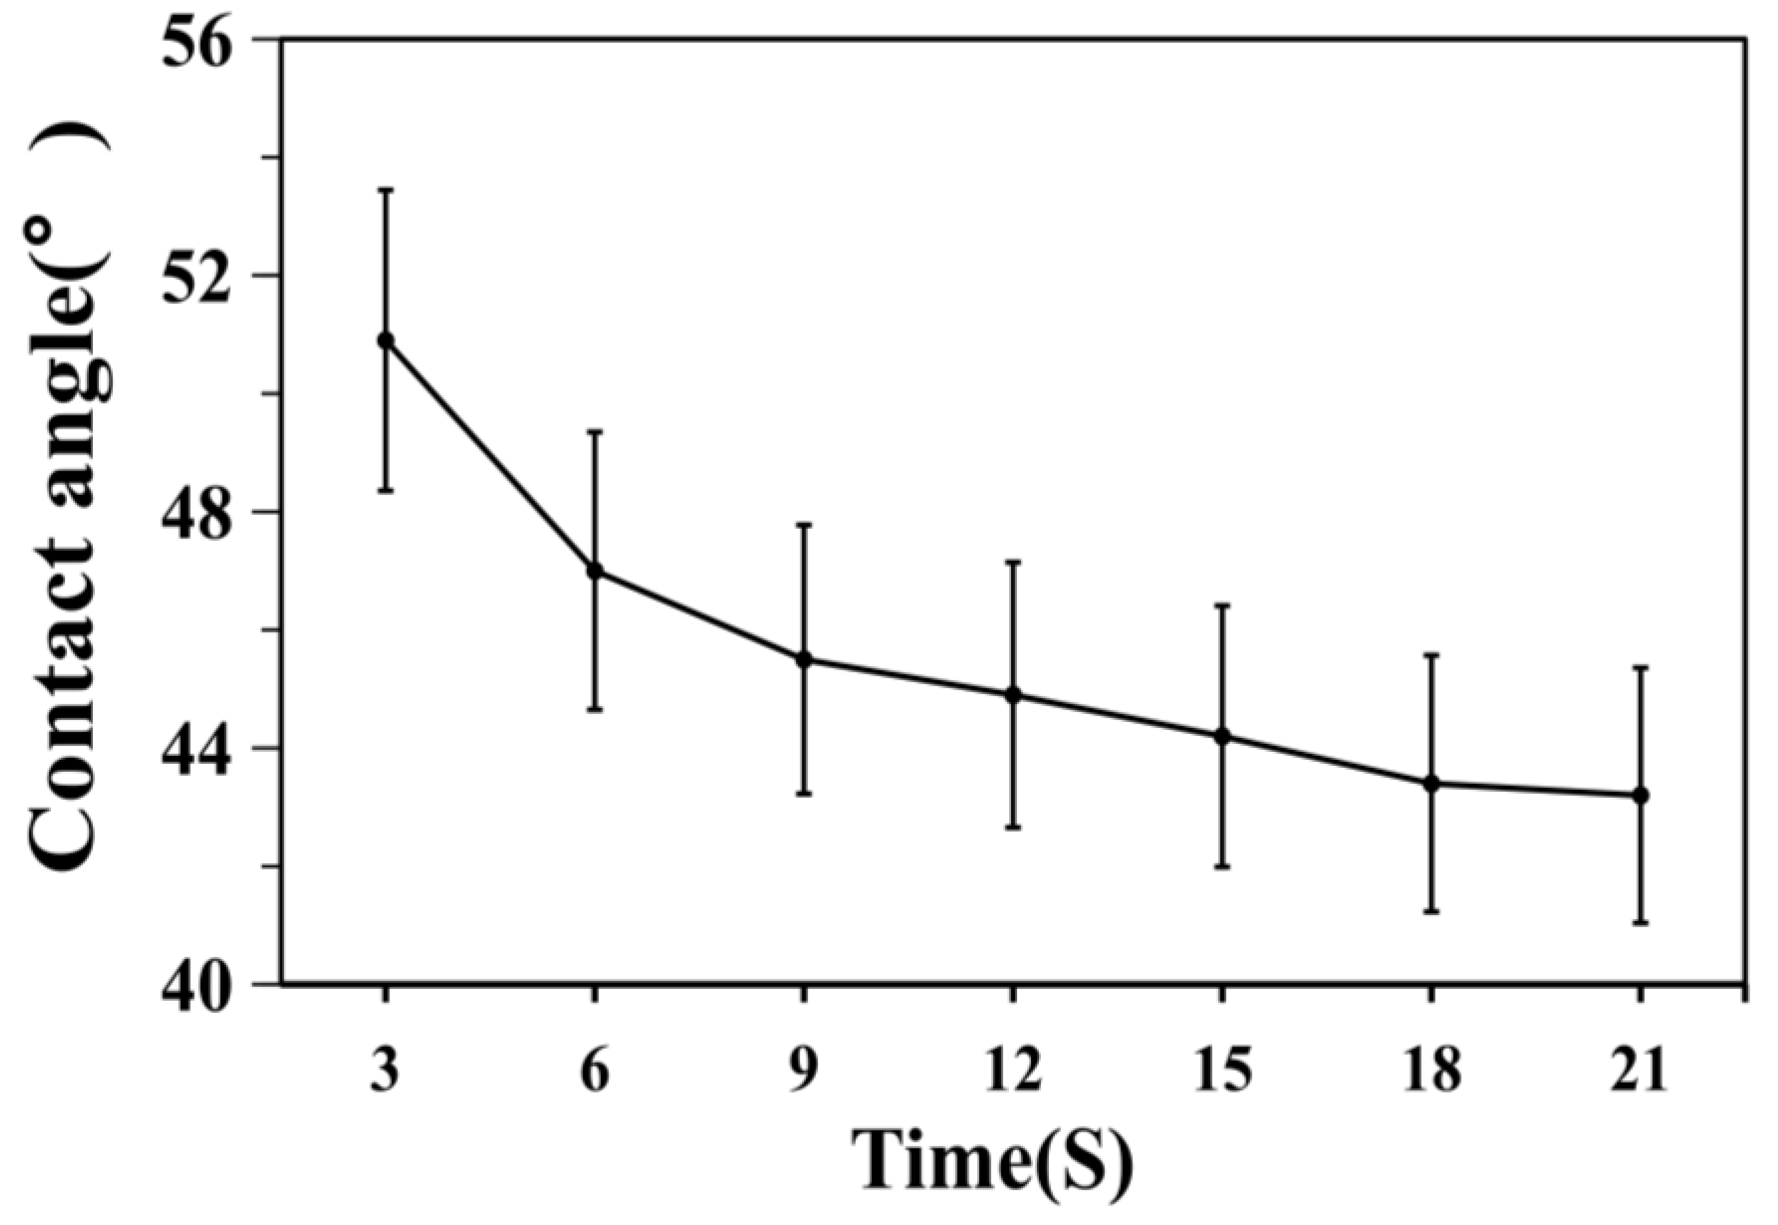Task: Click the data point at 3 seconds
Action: click(386, 340)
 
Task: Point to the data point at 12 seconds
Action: click(1013, 695)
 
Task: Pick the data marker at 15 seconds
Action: click(1223, 736)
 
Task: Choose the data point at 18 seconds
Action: click(1431, 784)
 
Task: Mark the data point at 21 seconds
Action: click(1640, 795)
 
